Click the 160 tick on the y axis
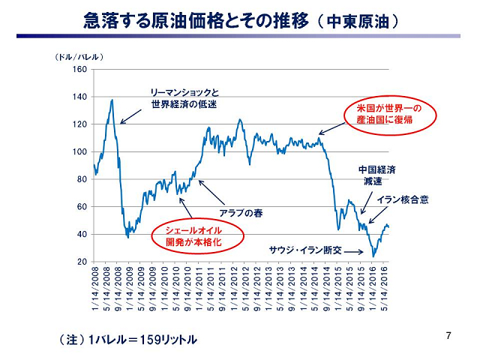(x=80, y=70)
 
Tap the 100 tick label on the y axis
(x=80, y=152)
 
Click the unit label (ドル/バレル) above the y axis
(x=77, y=57)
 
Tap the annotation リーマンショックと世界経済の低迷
(x=184, y=98)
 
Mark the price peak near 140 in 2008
(x=112, y=100)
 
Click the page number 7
(x=448, y=334)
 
